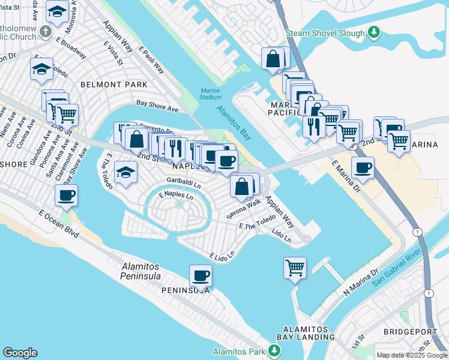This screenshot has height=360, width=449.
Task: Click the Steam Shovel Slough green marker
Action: pyautogui.click(x=374, y=32)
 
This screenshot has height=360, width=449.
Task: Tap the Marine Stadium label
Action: pyautogui.click(x=211, y=94)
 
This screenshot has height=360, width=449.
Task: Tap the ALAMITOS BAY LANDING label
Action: pyautogui.click(x=306, y=334)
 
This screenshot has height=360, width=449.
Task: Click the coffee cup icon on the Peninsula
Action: pyautogui.click(x=200, y=275)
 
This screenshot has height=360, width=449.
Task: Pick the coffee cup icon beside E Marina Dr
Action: pyautogui.click(x=363, y=168)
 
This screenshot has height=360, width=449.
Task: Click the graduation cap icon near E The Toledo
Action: pyautogui.click(x=124, y=172)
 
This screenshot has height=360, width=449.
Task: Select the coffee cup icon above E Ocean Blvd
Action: pyautogui.click(x=66, y=194)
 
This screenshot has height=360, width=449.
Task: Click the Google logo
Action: pyautogui.click(x=20, y=353)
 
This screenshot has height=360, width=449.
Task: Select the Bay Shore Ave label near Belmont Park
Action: pyautogui.click(x=157, y=106)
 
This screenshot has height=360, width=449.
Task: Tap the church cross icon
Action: pyautogui.click(x=46, y=31)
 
